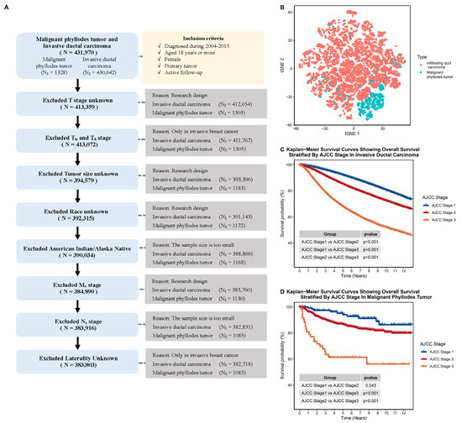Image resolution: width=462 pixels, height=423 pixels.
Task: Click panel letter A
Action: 6,7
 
